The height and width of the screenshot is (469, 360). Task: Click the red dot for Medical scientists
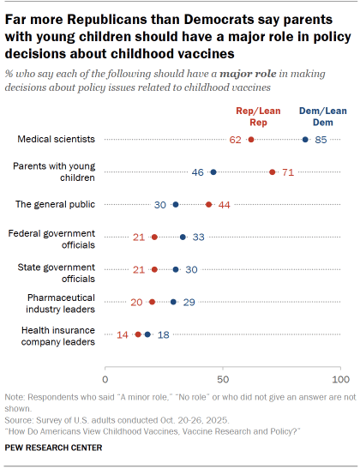coord(251,139)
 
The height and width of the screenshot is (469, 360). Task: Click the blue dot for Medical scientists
coord(305,139)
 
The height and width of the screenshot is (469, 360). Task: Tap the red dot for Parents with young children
coord(273,172)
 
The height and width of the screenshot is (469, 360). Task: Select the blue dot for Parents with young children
coord(213,172)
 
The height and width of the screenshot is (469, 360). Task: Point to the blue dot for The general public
coord(176,205)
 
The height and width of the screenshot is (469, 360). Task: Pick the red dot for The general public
coord(209,205)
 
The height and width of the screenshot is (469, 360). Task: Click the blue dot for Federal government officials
coord(183,238)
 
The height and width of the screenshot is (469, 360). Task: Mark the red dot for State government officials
coord(154,269)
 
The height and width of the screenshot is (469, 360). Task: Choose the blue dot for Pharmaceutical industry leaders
coord(173,302)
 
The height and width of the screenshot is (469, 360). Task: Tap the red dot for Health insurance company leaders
coord(138,334)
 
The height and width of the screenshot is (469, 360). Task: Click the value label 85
coord(322,139)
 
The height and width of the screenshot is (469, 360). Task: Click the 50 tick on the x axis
coord(223,377)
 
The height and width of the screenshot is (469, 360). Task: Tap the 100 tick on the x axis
coord(340,377)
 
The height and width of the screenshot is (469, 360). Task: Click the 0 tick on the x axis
coord(105,377)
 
